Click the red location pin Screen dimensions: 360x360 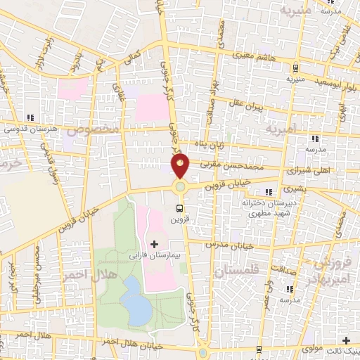[181, 167]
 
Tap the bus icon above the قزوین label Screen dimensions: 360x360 [180, 208]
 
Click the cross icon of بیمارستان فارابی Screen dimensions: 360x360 [154, 244]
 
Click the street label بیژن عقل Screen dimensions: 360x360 [247, 107]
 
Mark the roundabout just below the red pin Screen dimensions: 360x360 [181, 187]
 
